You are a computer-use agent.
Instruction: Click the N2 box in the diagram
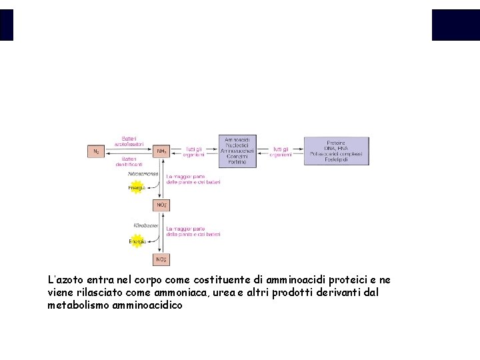[96, 152]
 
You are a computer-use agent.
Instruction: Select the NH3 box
[161, 152]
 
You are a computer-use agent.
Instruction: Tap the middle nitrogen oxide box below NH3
[161, 205]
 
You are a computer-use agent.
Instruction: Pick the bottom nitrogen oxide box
[161, 259]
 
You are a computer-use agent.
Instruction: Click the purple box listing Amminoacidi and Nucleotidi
[237, 151]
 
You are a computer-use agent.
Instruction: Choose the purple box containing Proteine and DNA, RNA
[336, 151]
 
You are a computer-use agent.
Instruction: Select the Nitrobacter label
[145, 226]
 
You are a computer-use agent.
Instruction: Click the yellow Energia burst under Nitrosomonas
[137, 188]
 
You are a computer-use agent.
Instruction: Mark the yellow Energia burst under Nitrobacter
[137, 241]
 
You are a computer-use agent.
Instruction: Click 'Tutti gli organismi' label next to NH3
[195, 152]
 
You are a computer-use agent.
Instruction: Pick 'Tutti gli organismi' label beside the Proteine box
[281, 152]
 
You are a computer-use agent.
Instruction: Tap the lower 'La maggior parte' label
[193, 231]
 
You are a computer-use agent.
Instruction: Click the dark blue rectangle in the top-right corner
[455, 25]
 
